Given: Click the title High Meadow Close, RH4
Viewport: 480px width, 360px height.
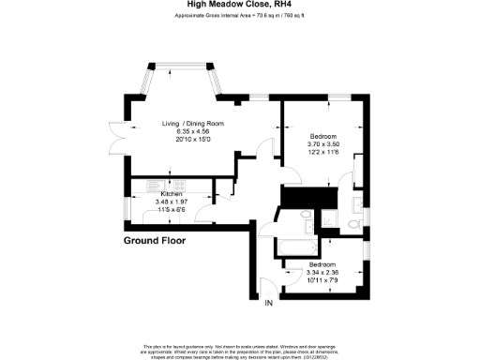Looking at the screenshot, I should point(240,5).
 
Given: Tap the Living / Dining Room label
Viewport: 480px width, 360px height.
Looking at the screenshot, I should point(183,123).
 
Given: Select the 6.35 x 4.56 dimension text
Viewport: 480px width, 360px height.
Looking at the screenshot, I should point(183,131).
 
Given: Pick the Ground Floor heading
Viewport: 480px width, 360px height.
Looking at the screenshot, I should point(155,241).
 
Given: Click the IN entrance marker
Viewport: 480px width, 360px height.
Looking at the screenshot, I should point(269,303).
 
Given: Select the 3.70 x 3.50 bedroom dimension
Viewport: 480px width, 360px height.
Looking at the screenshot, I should point(324,143).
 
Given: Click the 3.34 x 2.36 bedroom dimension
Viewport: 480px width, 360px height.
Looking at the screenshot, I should point(322,273).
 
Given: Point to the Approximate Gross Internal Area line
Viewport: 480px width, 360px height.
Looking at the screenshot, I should point(240,16).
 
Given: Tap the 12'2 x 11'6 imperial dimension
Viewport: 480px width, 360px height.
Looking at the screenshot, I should point(324,152).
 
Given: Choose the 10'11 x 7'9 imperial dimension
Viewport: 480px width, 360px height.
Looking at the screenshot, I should point(322,280).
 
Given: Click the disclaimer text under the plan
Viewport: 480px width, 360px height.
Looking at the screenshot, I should point(240,348).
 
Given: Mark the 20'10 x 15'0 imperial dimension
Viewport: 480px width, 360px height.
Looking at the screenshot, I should point(183,140).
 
